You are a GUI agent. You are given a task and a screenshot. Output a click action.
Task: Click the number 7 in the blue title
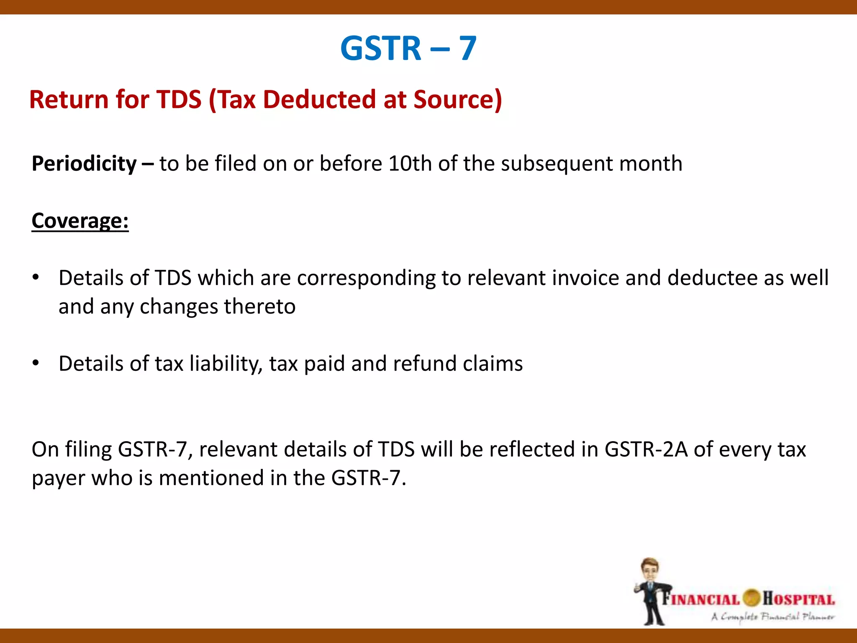(468, 49)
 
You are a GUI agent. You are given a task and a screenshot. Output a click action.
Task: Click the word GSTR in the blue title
(380, 49)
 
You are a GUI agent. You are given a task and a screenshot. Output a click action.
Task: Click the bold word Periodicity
(84, 164)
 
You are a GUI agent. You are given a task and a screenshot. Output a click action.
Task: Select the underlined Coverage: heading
(80, 221)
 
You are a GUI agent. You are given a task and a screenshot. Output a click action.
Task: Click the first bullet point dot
(36, 278)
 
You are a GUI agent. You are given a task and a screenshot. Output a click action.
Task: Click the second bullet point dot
(36, 363)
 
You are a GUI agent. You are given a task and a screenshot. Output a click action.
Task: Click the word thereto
(259, 306)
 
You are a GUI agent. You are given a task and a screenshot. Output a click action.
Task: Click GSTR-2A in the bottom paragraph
(646, 449)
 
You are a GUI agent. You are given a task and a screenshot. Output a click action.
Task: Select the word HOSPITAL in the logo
(798, 599)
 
